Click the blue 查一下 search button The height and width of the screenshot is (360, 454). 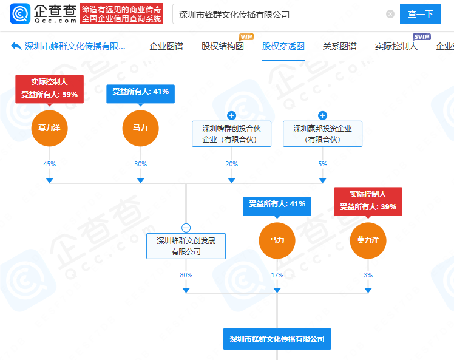(x=420, y=14)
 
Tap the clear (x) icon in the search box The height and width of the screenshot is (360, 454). (x=390, y=14)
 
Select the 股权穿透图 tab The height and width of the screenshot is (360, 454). (x=283, y=46)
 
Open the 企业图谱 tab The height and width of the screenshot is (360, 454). (x=166, y=46)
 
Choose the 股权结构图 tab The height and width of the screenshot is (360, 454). (x=222, y=46)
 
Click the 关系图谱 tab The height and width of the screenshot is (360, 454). (x=340, y=46)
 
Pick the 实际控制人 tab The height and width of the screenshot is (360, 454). (x=396, y=46)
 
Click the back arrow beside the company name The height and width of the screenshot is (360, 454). (x=16, y=46)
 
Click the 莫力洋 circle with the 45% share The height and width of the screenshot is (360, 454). (x=49, y=128)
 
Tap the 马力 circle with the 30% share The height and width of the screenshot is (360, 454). (x=140, y=128)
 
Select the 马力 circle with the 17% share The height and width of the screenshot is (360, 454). (x=277, y=240)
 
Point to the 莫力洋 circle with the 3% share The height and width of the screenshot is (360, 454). (x=368, y=240)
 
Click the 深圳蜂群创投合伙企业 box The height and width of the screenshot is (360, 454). (x=231, y=134)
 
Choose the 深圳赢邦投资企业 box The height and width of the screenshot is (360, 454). (x=322, y=134)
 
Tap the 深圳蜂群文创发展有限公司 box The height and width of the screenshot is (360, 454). (x=186, y=246)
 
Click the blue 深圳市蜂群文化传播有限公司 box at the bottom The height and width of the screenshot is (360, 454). (x=277, y=339)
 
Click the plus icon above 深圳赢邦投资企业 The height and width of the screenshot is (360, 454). (x=322, y=115)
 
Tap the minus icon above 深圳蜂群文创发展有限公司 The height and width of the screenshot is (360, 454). (x=186, y=228)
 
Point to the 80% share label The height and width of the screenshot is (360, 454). (x=186, y=276)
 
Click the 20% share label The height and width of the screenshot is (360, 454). (x=231, y=164)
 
